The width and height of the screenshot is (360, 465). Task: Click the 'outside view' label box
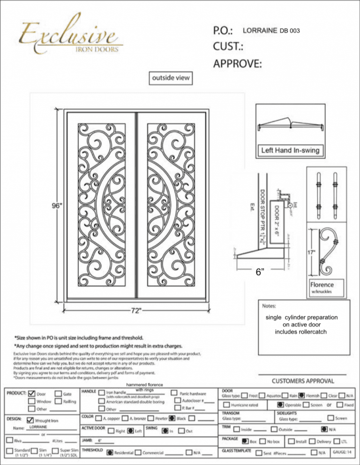(x=170, y=78)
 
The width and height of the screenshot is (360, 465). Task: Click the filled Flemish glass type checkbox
(x=302, y=395)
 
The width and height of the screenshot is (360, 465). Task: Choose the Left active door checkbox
(x=130, y=430)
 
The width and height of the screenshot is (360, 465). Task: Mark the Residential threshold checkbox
(x=110, y=452)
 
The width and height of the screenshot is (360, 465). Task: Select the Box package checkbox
(x=245, y=441)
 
